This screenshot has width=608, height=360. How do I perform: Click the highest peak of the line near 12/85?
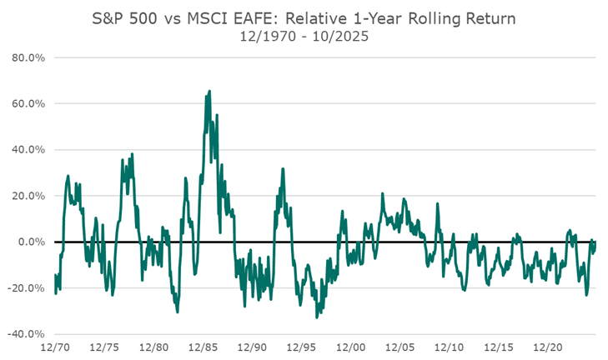[209, 91]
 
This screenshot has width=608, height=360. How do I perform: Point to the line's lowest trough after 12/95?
[316, 317]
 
